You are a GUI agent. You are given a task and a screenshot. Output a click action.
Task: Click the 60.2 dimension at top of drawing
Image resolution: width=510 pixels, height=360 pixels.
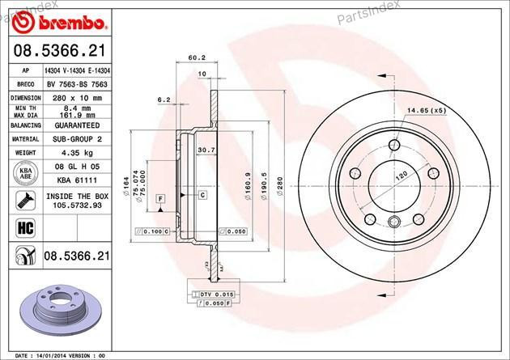[x=195, y=57]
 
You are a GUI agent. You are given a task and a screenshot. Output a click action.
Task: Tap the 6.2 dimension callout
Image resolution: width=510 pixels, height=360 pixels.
[x=163, y=100]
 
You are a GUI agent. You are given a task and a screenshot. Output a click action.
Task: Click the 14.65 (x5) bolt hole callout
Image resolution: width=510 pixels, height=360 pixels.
[x=427, y=110]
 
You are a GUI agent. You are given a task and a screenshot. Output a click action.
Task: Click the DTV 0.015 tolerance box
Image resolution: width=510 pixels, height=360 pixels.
[x=214, y=293]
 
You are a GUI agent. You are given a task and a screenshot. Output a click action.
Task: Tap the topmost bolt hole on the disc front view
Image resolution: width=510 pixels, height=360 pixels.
[x=393, y=145]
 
